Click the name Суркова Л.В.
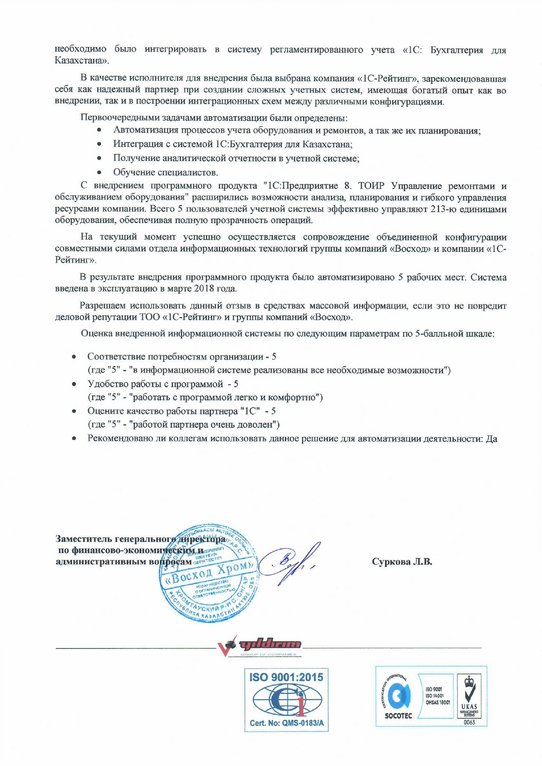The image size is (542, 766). tap(402, 562)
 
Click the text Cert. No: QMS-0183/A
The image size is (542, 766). tap(286, 723)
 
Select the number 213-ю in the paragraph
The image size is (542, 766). tap(446, 209)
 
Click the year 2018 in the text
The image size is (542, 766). tap(203, 289)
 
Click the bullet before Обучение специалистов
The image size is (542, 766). tap(100, 172)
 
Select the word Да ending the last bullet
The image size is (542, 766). tap(492, 439)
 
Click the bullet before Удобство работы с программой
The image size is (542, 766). tap(75, 385)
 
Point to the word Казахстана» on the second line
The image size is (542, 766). tap(82, 60)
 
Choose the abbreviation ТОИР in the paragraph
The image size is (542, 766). tap(370, 186)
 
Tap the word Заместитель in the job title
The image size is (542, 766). tap(82, 539)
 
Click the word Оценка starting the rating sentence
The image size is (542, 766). tap(96, 334)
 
